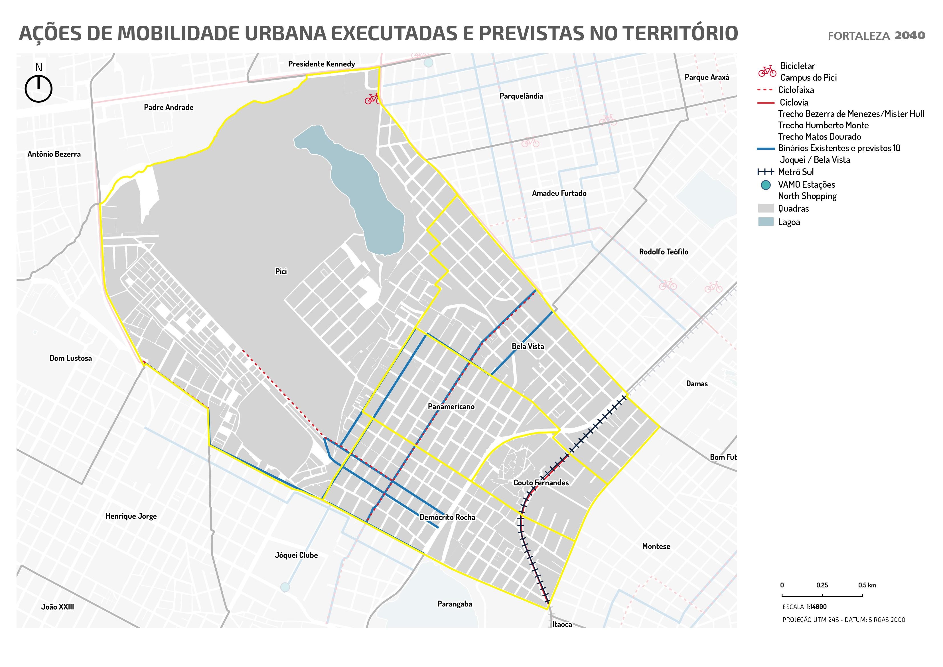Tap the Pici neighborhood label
point(281,271)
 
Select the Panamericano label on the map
point(451,407)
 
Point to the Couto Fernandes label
point(541,482)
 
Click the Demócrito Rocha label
point(447,517)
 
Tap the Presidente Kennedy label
point(321,64)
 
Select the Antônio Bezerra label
point(54,154)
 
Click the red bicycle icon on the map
point(372,99)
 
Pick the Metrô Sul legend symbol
point(766,172)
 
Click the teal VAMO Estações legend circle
point(766,185)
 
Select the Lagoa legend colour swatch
point(766,222)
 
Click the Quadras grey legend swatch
point(766,208)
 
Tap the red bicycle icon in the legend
point(767,71)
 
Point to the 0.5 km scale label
point(867,585)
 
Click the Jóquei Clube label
point(296,555)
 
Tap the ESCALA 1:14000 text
point(804,607)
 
